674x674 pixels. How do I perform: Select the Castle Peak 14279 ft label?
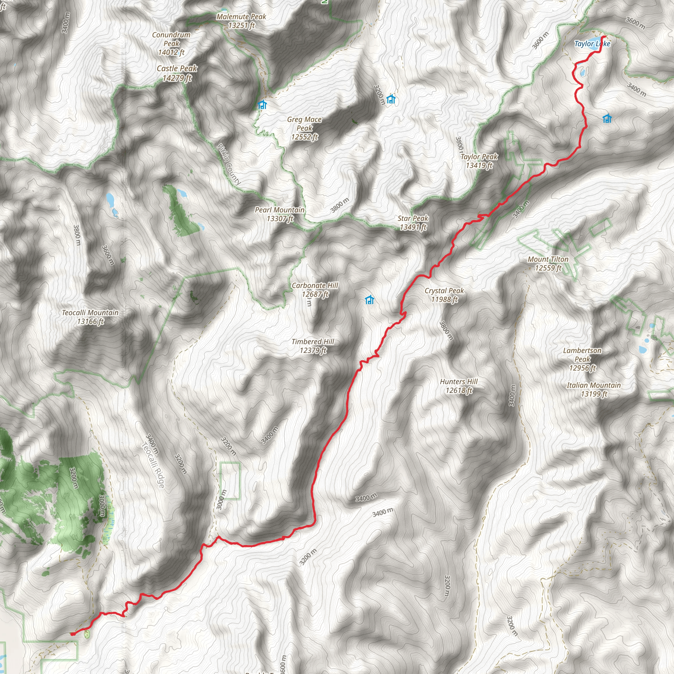[x=177, y=73]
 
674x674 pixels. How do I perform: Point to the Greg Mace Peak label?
[x=304, y=128]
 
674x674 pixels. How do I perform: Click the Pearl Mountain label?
[x=280, y=214]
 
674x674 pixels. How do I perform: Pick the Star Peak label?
[x=413, y=222]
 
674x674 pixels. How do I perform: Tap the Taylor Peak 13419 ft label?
[x=479, y=161]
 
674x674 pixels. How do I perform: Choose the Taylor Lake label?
[x=592, y=44]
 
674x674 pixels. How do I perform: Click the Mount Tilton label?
[x=548, y=263]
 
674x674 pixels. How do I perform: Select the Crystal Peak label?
[x=444, y=295]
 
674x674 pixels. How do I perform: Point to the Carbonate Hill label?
[x=315, y=290]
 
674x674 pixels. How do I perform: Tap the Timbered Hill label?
[x=313, y=346]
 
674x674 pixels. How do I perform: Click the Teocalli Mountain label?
[x=91, y=317]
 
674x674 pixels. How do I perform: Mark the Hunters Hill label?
[x=459, y=386]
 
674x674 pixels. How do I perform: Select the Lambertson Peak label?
[x=582, y=359]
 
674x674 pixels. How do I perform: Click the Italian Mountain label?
[x=594, y=389]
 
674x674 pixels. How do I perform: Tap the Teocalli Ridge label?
[x=153, y=465]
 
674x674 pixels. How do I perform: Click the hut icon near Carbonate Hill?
[x=370, y=300]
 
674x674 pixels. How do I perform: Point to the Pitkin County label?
[x=229, y=164]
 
